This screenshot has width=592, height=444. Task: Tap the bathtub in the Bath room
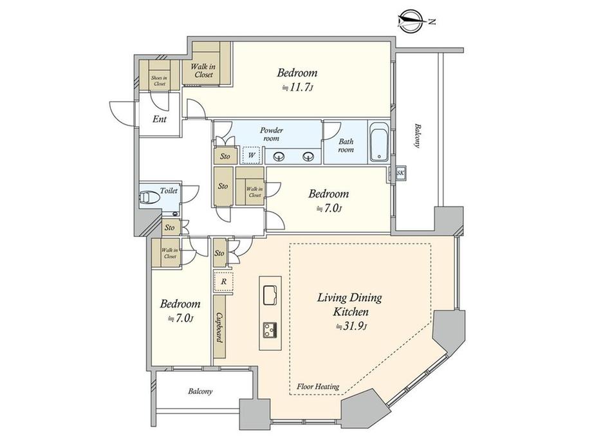378,142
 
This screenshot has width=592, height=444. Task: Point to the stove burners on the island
270,330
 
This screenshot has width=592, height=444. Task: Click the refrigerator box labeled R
223,281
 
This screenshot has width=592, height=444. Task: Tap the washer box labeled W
252,155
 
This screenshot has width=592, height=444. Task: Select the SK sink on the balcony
400,173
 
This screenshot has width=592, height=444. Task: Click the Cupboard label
219,328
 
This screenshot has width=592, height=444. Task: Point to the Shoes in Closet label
160,81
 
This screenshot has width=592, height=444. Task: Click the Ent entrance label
160,119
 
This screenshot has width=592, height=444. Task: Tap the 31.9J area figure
352,326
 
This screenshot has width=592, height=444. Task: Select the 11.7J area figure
297,88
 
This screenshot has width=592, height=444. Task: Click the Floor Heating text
318,387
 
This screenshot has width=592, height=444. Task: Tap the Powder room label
272,134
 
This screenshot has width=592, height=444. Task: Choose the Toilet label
169,190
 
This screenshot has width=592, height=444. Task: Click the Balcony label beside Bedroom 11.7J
417,136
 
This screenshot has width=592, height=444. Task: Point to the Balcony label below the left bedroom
200,391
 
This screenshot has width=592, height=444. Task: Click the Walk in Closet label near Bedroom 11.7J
204,71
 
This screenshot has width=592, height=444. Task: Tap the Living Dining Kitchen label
349,304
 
